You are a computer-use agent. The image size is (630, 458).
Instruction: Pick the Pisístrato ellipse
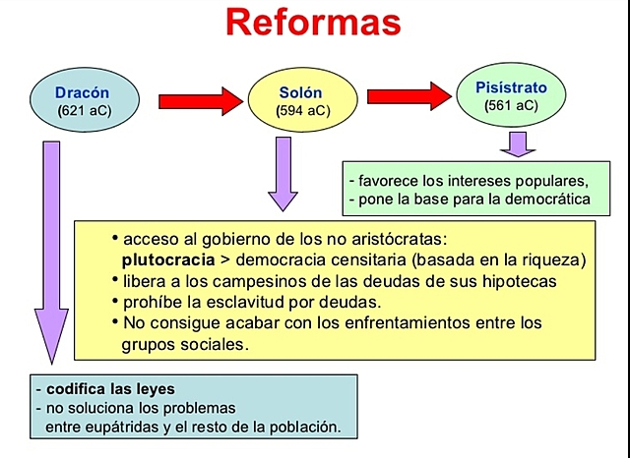tap(511, 95)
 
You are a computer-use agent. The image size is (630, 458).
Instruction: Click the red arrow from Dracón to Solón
tap(200, 100)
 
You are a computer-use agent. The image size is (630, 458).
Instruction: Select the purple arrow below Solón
tap(283, 173)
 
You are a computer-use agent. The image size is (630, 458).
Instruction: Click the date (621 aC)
tap(85, 110)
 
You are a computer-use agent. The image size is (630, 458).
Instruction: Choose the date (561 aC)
tap(511, 105)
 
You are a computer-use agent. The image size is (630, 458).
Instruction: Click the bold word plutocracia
tap(164, 260)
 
